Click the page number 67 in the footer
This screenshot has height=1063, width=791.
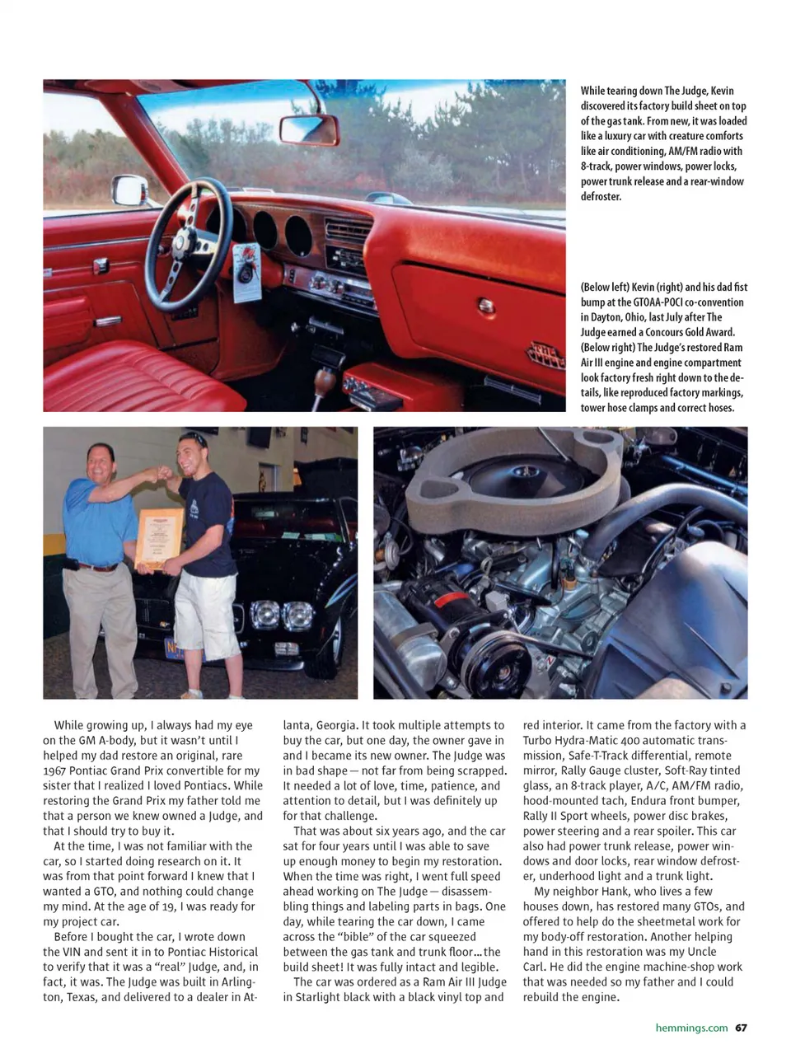pos(742,1028)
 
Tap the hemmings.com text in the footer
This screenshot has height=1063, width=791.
pos(691,1028)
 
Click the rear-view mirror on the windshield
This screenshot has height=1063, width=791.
pos(308,129)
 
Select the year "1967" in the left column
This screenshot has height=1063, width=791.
pos(57,770)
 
